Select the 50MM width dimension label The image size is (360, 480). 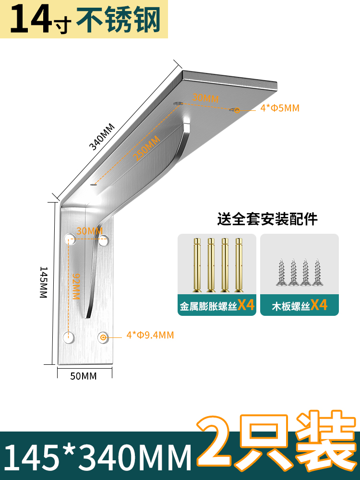point(84,376)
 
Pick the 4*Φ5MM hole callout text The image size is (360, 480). point(280,108)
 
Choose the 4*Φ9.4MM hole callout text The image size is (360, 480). point(150,335)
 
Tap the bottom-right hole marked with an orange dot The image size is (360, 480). point(103,338)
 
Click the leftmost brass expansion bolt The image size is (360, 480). point(197,265)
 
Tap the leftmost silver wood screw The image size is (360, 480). point(281,273)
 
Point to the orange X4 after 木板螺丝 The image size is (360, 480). point(319,305)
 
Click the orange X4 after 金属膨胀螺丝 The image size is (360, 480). point(245,305)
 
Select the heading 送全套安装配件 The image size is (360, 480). point(267,219)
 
